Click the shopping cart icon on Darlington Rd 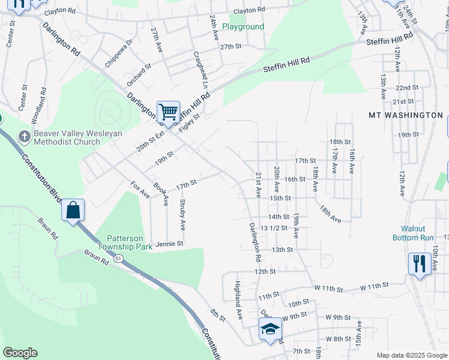pyautogui.click(x=168, y=112)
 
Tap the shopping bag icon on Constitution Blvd pyautogui.click(x=73, y=210)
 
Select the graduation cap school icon pyautogui.click(x=270, y=329)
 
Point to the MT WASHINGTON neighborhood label pyautogui.click(x=406, y=115)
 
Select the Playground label pyautogui.click(x=243, y=26)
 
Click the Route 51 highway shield pyautogui.click(x=119, y=259)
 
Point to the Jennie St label pyautogui.click(x=169, y=244)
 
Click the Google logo pyautogui.click(x=20, y=353)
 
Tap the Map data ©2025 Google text pyautogui.click(x=411, y=355)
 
